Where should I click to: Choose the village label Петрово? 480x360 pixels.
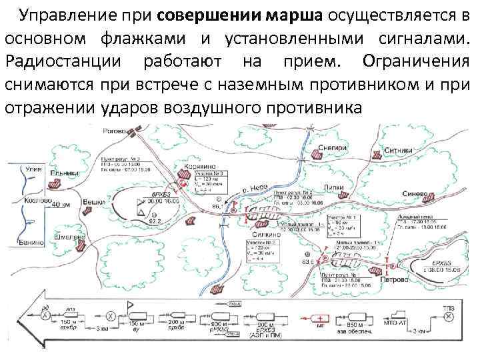[395, 280]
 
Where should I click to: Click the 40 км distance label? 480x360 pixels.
[61, 204]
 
